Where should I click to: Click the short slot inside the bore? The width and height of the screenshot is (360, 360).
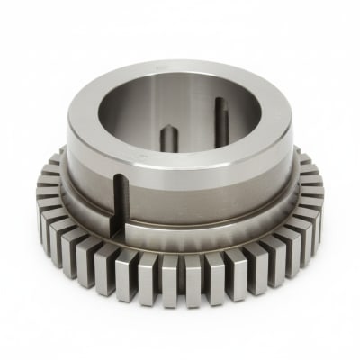(168, 139)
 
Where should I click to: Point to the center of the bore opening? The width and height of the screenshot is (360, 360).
(180, 115)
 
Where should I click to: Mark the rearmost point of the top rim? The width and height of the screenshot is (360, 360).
(184, 64)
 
